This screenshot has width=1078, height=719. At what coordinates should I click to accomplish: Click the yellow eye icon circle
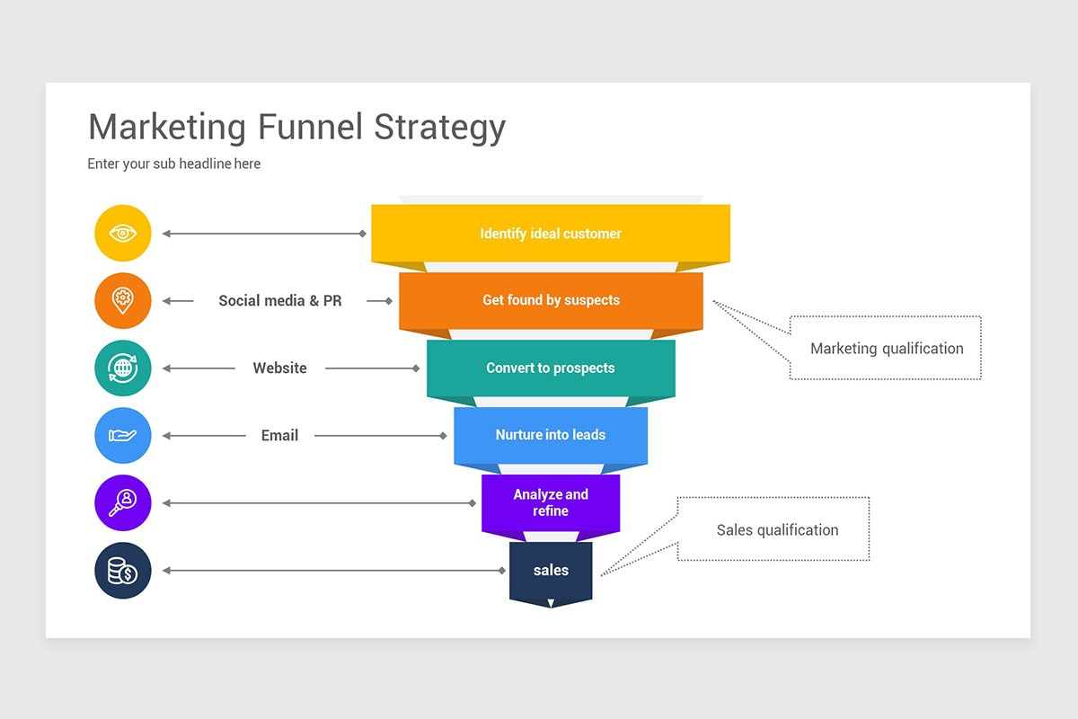tap(123, 234)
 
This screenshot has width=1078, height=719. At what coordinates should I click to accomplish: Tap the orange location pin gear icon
tap(123, 301)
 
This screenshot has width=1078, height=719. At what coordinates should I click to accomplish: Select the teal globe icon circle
tap(123, 368)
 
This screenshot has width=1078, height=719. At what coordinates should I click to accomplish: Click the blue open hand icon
tap(123, 435)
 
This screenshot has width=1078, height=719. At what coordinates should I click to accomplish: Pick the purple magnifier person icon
tap(123, 503)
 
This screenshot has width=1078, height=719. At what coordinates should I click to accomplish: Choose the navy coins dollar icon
tap(123, 571)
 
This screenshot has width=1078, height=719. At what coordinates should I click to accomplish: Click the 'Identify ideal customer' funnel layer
tap(551, 234)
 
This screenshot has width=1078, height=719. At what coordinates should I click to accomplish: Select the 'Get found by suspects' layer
tap(551, 300)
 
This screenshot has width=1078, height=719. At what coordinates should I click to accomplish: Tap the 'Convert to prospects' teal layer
tap(551, 368)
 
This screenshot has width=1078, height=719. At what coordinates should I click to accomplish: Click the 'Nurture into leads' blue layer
tap(551, 435)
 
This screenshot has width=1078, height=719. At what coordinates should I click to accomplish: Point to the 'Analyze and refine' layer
tap(551, 502)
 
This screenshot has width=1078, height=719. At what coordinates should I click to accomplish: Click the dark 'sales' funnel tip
tap(551, 571)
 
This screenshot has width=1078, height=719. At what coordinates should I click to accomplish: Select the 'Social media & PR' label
tap(280, 301)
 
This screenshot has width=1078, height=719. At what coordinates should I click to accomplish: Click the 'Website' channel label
tap(279, 368)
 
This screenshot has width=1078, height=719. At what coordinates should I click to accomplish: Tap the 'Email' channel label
tap(279, 435)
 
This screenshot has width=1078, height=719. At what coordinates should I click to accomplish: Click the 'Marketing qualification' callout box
tap(886, 349)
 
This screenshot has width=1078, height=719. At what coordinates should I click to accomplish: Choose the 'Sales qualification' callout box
tap(776, 530)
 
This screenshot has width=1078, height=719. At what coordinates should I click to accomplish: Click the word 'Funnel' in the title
tap(310, 127)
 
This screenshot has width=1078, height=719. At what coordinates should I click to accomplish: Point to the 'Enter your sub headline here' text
tap(174, 164)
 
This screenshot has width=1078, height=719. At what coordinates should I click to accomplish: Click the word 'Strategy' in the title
tap(440, 129)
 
